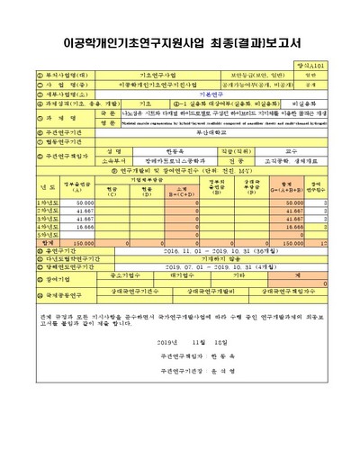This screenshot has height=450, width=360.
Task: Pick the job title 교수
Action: pyautogui.click(x=289, y=151)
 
